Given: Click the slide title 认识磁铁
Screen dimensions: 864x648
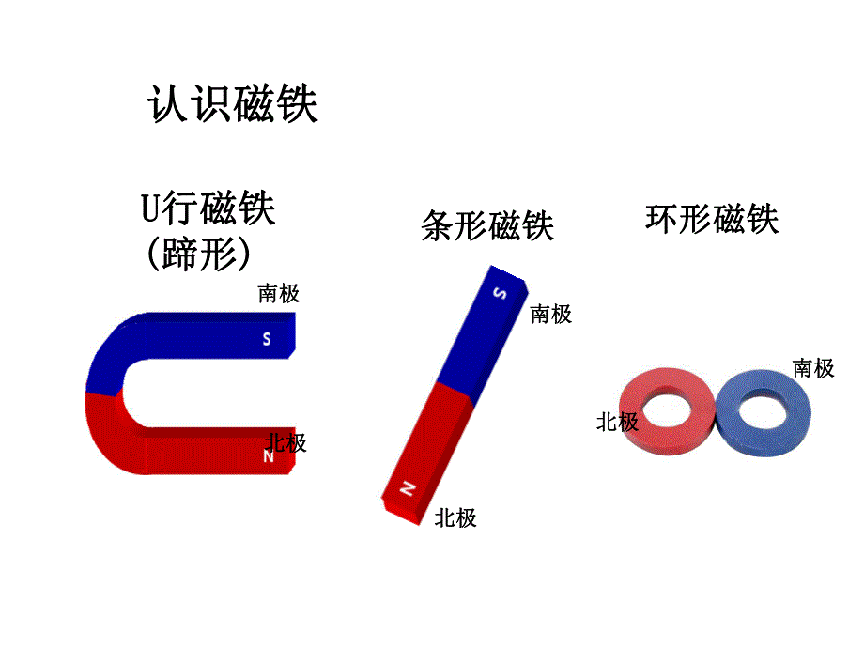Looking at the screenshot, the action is [x=233, y=104].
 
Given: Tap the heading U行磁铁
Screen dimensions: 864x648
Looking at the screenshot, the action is [x=208, y=208].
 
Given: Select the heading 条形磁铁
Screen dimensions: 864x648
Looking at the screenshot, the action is [x=487, y=226].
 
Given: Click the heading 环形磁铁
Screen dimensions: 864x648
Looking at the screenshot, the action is [x=712, y=219].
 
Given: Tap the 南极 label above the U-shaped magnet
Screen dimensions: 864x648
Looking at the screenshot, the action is [x=279, y=294].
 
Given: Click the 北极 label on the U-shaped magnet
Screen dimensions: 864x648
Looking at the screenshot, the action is [x=285, y=442].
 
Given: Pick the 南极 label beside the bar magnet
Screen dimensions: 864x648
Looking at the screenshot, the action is [x=550, y=315].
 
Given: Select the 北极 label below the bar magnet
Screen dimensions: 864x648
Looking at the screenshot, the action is [x=455, y=517].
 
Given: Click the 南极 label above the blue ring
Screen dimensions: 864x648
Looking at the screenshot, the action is [x=812, y=368].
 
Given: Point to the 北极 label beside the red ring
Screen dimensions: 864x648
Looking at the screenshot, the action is [x=617, y=423].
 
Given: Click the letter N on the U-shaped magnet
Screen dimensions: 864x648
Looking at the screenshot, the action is [x=268, y=457].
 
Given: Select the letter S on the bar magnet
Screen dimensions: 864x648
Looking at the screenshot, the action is [x=500, y=294].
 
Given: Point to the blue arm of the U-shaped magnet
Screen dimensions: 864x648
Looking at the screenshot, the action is [x=207, y=338].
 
